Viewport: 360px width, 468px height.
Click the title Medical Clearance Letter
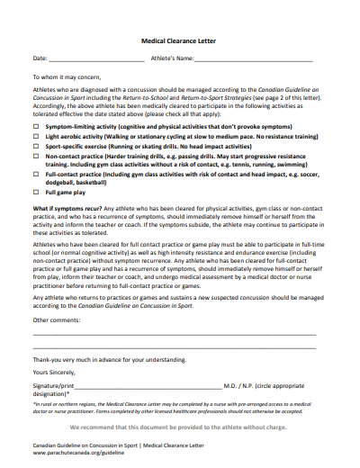(180, 40)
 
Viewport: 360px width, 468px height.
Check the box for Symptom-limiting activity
(38, 128)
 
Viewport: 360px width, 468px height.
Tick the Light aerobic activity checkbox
(38, 137)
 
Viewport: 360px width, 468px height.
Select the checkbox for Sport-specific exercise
(38, 146)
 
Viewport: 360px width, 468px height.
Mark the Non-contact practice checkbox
(38, 156)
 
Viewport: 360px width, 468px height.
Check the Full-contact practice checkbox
(38, 174)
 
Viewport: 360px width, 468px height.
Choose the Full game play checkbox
(38, 193)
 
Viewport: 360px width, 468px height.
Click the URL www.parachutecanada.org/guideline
(79, 453)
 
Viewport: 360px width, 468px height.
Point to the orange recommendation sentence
(180, 427)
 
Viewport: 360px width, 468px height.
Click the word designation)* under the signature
(51, 393)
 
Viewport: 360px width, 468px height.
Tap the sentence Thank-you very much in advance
(110, 358)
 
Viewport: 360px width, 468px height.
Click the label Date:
(40, 59)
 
